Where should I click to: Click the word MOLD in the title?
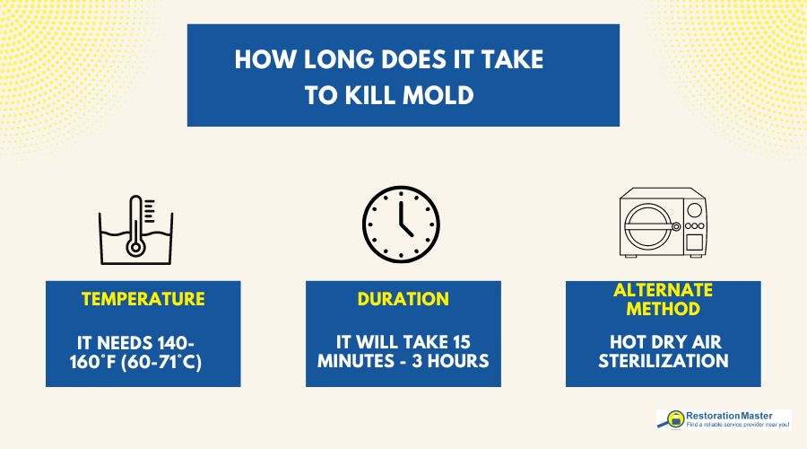click(438, 95)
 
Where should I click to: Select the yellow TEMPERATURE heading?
click(143, 298)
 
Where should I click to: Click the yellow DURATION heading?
click(403, 298)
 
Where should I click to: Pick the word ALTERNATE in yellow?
click(664, 290)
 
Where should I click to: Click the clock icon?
click(401, 224)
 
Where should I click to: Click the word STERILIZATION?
click(664, 361)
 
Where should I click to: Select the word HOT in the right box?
click(624, 341)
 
